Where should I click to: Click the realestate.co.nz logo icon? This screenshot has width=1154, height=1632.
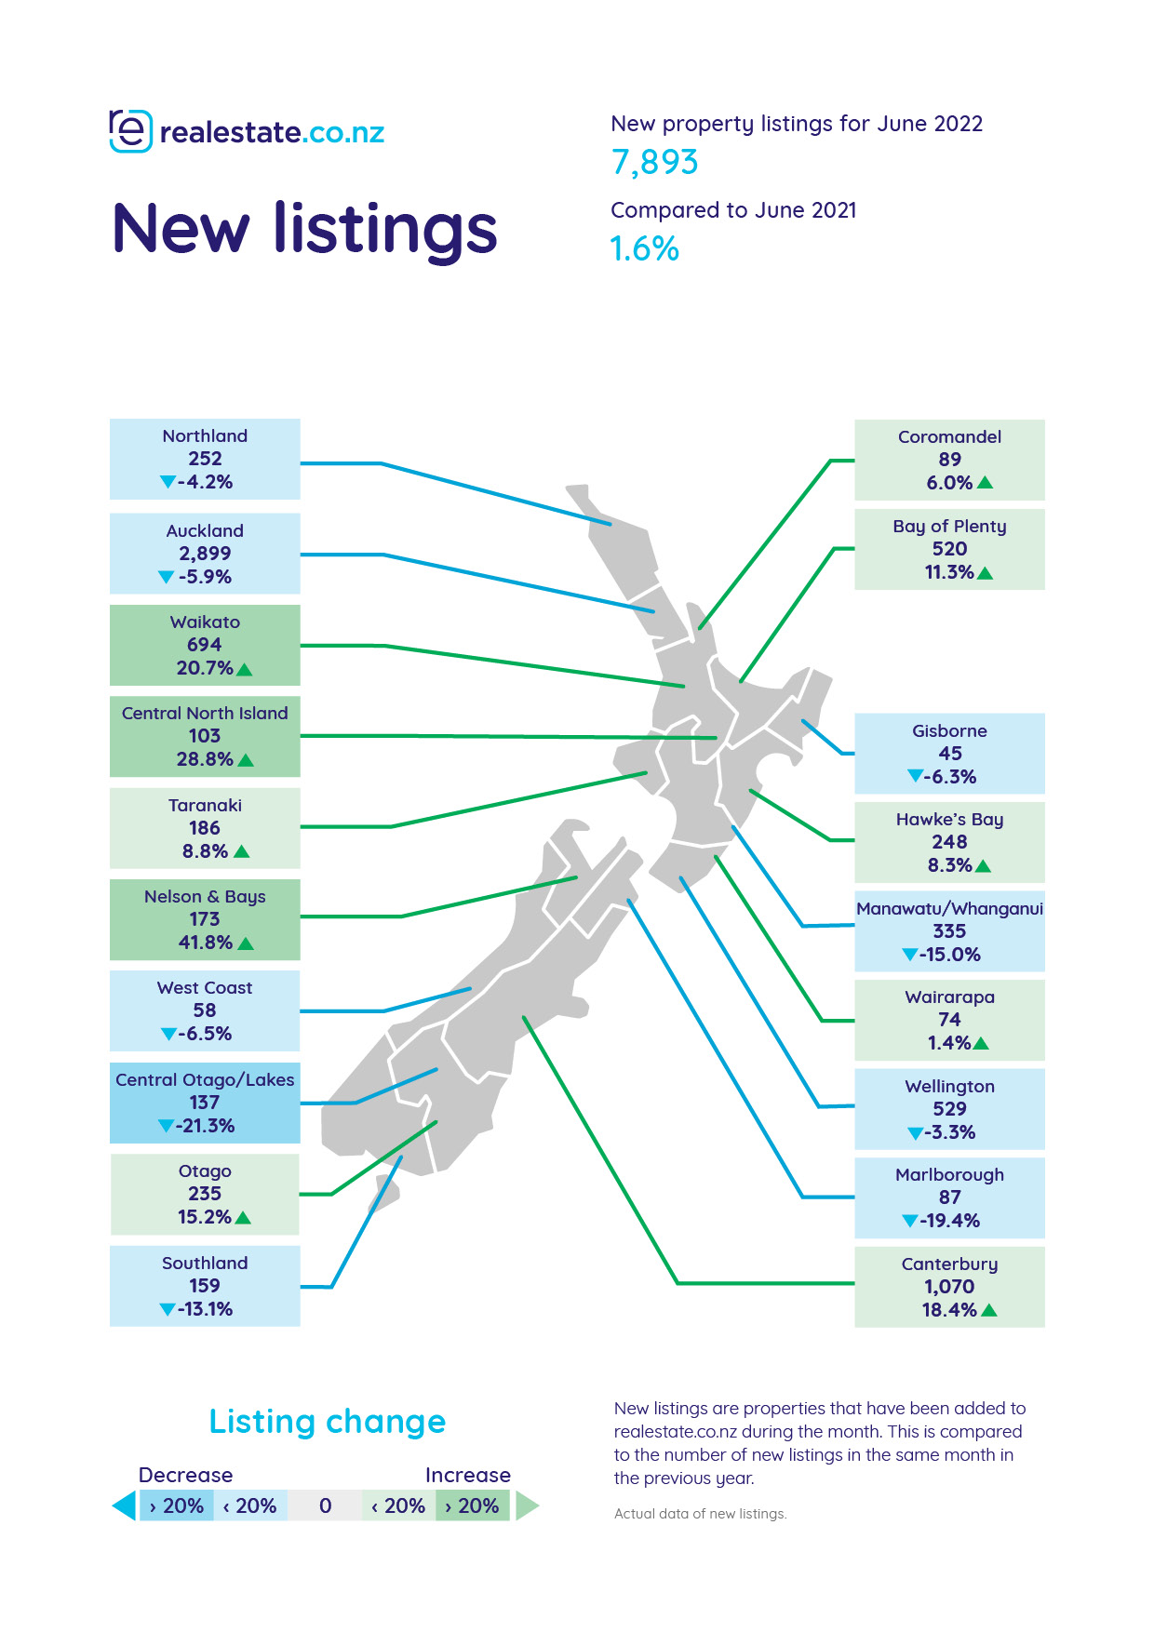[130, 131]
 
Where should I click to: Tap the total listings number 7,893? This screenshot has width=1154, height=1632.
[654, 163]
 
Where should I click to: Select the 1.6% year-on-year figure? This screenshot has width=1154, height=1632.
[644, 248]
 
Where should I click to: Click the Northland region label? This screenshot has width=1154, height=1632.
[205, 435]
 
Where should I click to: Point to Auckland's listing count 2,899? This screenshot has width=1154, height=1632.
[205, 554]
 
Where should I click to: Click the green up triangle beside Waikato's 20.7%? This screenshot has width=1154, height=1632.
[245, 669]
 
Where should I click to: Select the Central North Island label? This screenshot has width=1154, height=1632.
[205, 713]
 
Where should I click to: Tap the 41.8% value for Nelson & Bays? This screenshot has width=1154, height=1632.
[205, 943]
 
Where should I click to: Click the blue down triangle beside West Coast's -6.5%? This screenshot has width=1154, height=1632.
[168, 1034]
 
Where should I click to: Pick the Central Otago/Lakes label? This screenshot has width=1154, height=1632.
[205, 1079]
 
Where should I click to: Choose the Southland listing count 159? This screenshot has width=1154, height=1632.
[205, 1286]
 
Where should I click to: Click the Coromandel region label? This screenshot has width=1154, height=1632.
[949, 436]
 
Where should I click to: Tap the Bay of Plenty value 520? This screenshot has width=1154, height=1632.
[949, 549]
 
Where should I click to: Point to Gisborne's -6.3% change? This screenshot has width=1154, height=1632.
[950, 777]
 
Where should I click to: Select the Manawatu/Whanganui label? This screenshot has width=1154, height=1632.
[949, 908]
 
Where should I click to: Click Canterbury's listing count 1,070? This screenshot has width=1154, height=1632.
[949, 1287]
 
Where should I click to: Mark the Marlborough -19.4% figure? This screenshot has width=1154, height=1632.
[950, 1221]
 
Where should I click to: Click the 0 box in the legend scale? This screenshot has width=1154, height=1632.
[325, 1505]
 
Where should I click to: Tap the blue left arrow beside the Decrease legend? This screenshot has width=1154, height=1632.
[124, 1505]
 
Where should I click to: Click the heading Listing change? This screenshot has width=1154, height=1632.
[328, 1422]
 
